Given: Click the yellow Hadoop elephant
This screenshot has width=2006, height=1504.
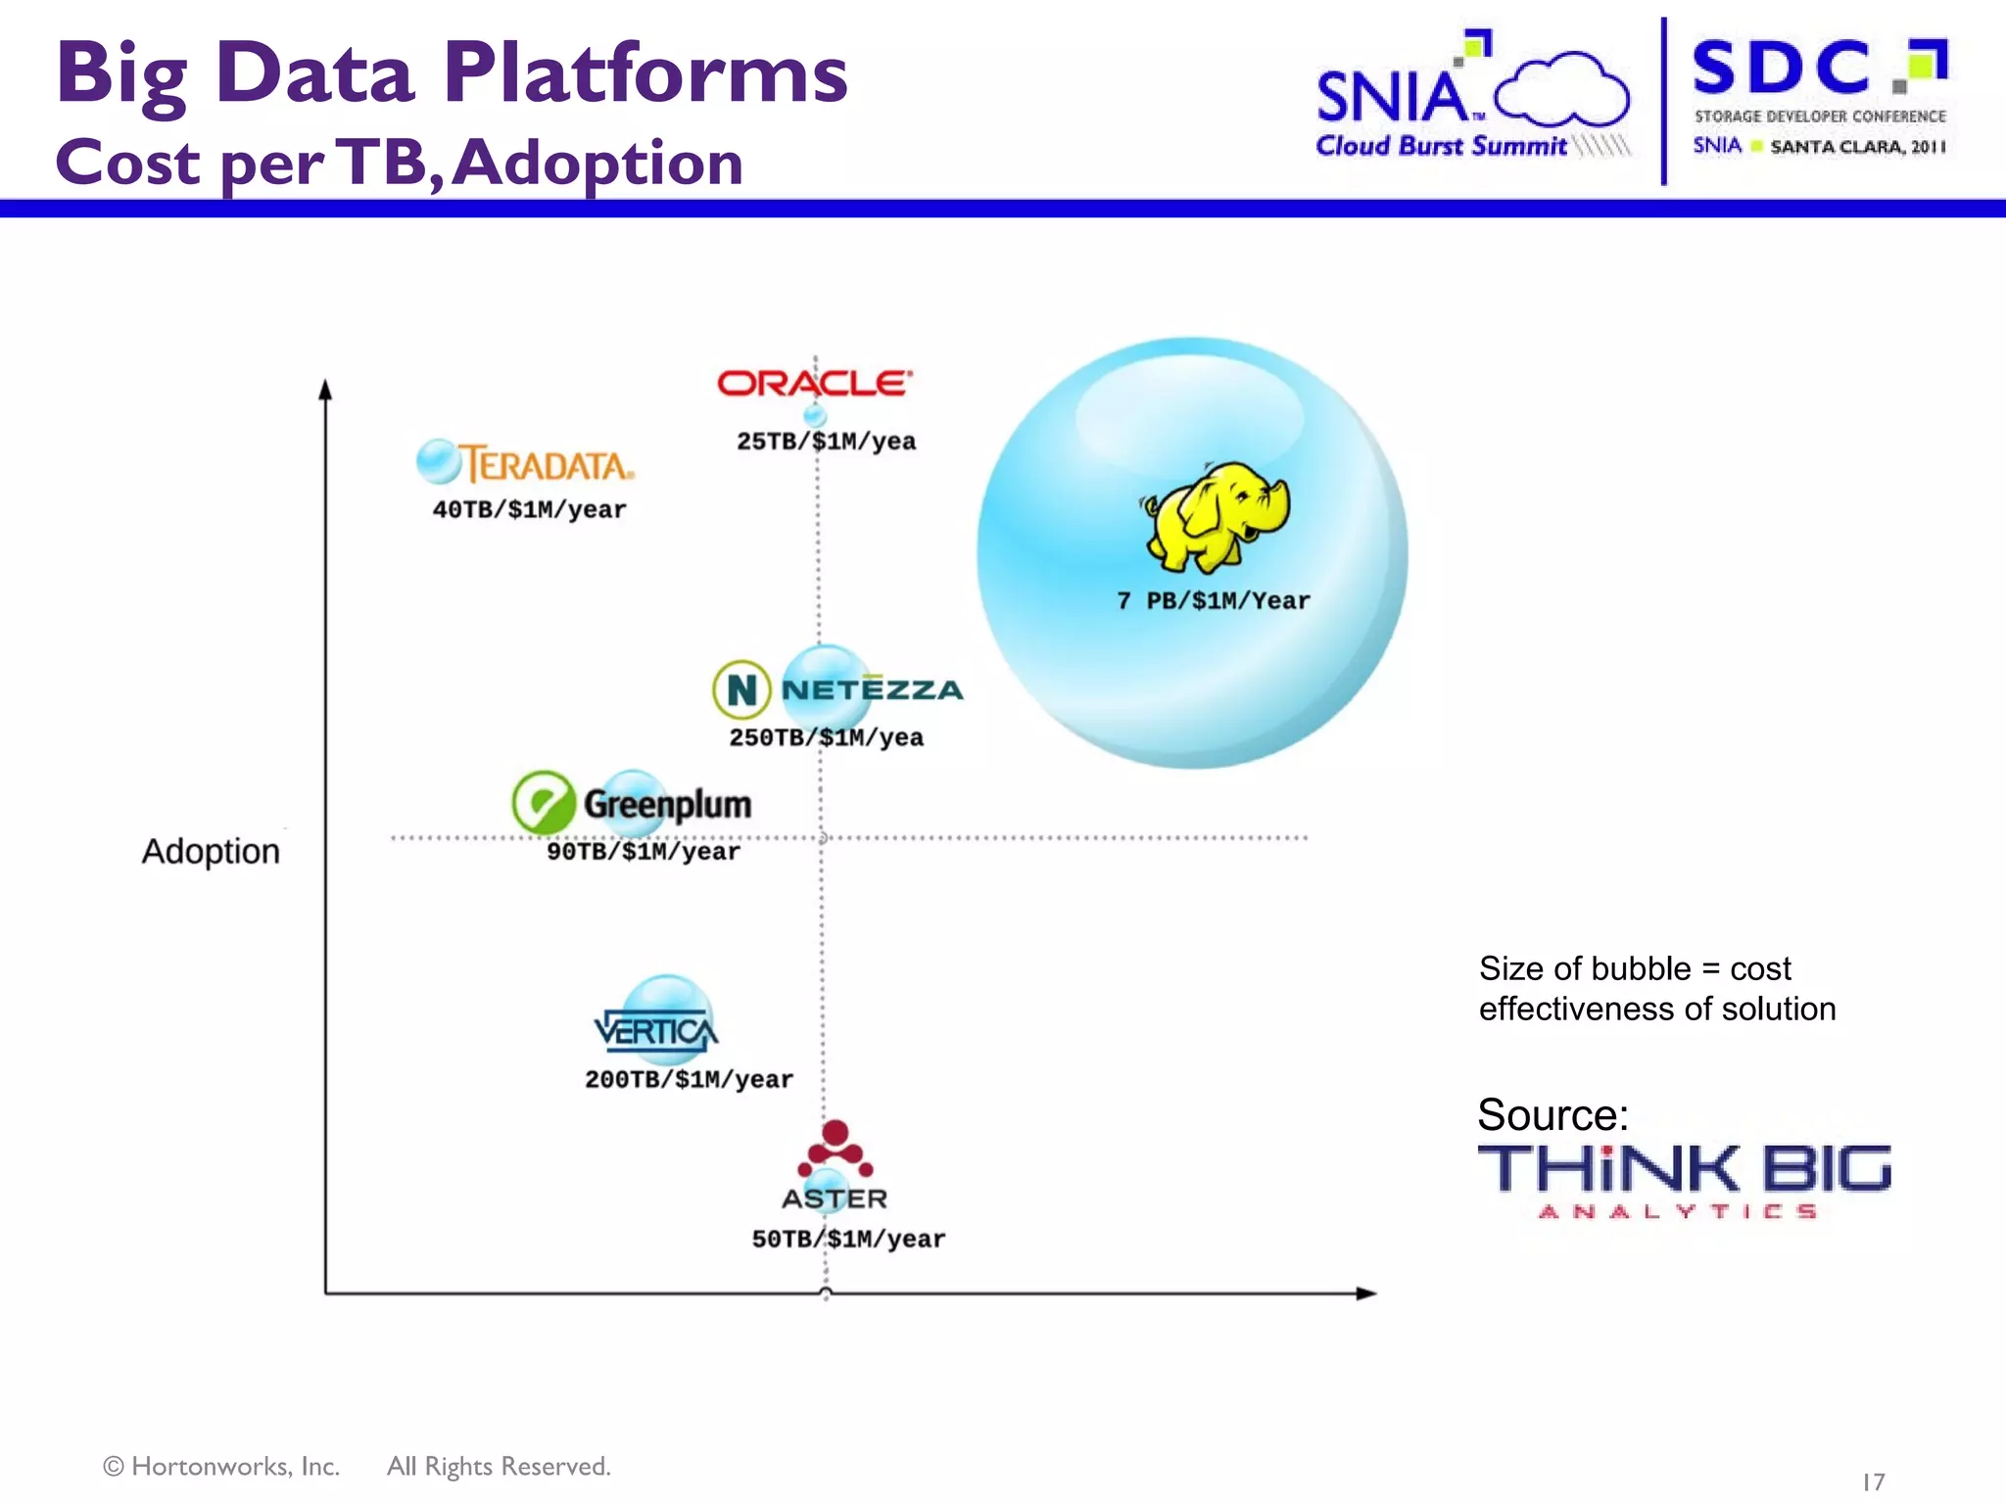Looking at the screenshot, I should click(1217, 516).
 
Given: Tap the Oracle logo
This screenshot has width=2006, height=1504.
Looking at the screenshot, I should click(814, 383).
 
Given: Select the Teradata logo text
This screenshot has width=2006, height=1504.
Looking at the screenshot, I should click(547, 464).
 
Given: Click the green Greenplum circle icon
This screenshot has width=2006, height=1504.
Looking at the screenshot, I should click(544, 803).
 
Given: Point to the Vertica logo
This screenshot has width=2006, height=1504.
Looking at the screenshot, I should click(655, 1031).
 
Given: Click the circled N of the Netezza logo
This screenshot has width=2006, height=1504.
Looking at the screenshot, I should click(741, 689).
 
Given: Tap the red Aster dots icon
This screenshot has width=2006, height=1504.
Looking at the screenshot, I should click(836, 1149).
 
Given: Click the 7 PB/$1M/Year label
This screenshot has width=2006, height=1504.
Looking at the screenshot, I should click(1213, 601).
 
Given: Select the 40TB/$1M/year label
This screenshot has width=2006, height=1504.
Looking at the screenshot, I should click(529, 510).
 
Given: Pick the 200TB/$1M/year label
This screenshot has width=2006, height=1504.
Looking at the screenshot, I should click(689, 1080).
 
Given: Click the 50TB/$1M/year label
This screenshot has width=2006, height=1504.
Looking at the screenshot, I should click(848, 1240).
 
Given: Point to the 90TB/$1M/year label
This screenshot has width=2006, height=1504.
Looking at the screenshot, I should click(643, 852).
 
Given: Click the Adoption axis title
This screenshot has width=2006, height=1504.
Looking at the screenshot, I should click(211, 852).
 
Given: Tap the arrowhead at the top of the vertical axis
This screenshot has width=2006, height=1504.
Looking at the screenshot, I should click(326, 390).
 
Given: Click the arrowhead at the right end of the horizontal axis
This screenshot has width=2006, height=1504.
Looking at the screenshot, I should click(1365, 1293).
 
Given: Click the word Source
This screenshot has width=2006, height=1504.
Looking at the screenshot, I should click(1552, 1115).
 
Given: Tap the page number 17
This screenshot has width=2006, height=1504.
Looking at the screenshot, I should click(1873, 1481).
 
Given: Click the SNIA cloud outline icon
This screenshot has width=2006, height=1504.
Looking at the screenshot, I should click(1561, 90).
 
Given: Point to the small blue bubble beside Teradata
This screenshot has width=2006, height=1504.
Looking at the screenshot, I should click(438, 461).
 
